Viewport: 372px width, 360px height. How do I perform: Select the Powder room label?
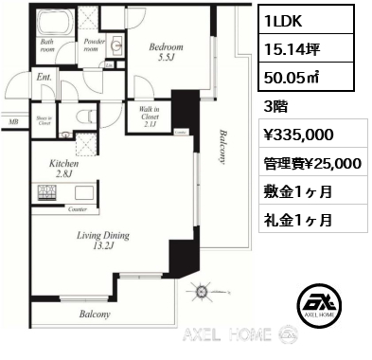tap(94, 44)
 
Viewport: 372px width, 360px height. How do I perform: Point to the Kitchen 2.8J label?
tap(62, 169)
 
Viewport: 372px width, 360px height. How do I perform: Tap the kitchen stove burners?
tap(46, 193)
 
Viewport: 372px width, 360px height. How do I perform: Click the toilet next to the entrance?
tap(88, 117)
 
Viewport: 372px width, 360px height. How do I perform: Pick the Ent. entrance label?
tap(44, 79)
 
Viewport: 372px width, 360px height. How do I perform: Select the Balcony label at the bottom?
tap(95, 314)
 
